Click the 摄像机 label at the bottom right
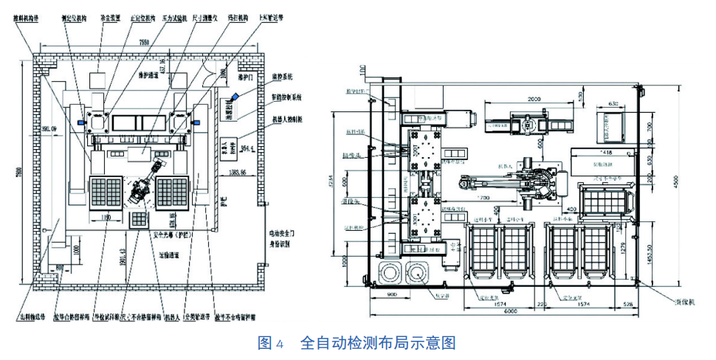(677, 303)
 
